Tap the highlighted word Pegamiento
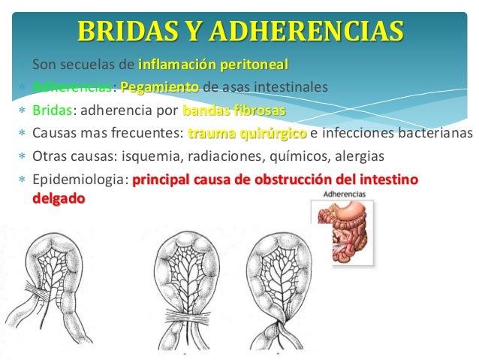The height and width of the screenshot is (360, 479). (159, 86)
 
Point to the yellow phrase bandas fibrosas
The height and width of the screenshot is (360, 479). (233, 110)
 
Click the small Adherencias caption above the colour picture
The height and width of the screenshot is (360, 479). (344, 194)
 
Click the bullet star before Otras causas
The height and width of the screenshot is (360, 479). (22, 159)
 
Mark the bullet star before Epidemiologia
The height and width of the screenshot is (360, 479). (22, 182)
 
